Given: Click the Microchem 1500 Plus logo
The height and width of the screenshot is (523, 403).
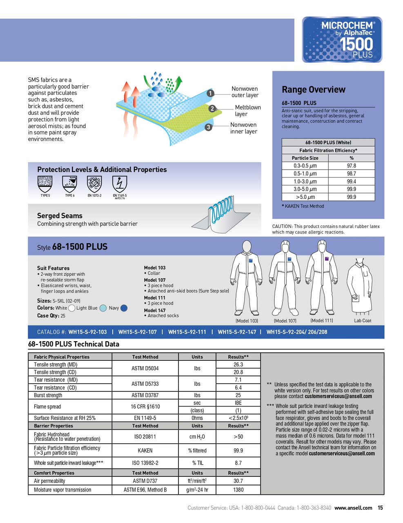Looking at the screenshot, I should point(342,40).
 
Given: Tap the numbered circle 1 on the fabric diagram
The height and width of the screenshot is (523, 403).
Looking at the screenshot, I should point(210,94).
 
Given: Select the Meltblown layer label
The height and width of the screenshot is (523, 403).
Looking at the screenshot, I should point(247,111).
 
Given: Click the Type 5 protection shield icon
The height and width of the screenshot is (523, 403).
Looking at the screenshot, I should point(45,184).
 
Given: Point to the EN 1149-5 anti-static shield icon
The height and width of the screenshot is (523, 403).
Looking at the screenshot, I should point(120,184).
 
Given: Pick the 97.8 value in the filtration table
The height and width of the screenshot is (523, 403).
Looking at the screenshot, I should point(351,166).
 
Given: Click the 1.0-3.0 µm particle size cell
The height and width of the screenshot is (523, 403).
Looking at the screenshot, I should point(305,181).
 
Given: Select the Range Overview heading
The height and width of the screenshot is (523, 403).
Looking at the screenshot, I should point(313,89).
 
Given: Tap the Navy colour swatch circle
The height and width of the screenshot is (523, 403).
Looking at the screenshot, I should point(124,308).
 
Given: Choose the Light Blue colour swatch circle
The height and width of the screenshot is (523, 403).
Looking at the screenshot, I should point(103,308).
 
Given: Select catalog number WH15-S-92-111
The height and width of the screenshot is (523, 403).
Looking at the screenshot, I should point(187,332).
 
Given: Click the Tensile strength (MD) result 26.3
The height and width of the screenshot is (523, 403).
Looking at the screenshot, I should point(238,364).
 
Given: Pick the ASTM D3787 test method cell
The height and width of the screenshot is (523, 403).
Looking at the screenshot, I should point(145,395).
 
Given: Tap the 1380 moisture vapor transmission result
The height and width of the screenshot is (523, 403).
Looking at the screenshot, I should point(238,489).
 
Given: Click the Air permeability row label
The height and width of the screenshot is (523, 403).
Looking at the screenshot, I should point(49,481).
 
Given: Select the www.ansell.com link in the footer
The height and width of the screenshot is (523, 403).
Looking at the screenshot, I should point(353,508).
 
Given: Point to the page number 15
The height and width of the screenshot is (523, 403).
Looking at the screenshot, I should point(380,508).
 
